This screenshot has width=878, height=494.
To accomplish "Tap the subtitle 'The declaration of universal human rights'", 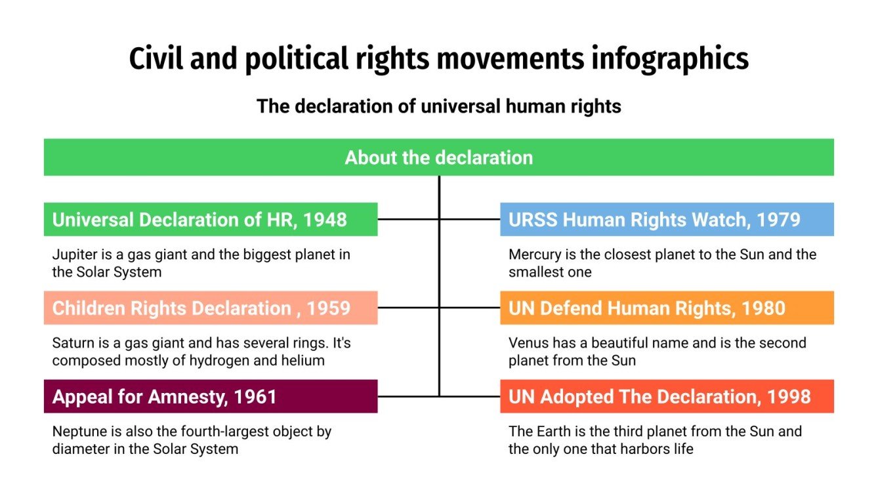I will click(x=438, y=106).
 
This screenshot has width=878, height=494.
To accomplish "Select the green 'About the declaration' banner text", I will click(x=438, y=157).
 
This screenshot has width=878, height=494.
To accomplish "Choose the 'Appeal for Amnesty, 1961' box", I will click(x=210, y=396).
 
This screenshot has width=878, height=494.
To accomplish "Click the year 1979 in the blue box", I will click(x=778, y=220).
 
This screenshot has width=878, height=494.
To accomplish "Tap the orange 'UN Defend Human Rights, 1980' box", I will click(x=667, y=308).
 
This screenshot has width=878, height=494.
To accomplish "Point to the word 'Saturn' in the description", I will click(x=70, y=343).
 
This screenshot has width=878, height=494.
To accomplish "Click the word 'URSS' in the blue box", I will click(x=533, y=220).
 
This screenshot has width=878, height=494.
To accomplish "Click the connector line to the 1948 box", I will click(x=408, y=219).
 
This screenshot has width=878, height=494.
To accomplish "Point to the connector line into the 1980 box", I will click(x=470, y=308).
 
